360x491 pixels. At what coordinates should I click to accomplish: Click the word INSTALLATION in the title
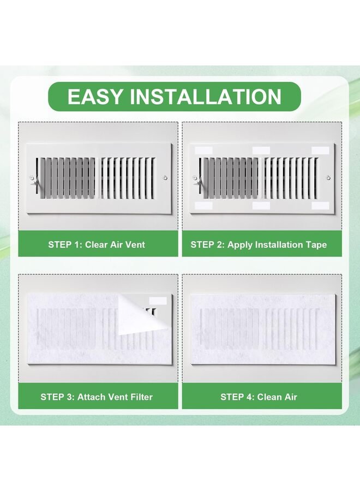(206, 97)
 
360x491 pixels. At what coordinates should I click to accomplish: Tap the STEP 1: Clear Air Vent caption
(97, 244)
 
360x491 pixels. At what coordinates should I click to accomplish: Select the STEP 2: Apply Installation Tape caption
(259, 244)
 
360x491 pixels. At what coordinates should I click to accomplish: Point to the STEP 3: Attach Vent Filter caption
(97, 397)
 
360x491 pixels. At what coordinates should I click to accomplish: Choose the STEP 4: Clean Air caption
(259, 397)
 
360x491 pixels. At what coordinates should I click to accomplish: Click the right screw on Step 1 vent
(165, 178)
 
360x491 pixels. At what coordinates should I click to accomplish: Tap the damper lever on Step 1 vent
(34, 182)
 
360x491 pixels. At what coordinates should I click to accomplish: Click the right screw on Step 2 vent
(328, 178)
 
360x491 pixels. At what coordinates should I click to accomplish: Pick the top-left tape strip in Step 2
(203, 151)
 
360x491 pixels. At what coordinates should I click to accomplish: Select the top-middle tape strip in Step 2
(261, 151)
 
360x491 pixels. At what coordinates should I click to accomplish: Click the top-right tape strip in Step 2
(320, 151)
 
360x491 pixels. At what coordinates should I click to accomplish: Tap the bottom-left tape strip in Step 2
(203, 206)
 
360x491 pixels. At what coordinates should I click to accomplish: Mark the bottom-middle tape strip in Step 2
(261, 206)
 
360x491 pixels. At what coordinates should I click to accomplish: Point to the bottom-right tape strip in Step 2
(320, 206)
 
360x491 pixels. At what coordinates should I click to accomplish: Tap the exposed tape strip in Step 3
(158, 301)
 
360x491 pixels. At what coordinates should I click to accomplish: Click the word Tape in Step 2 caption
(316, 245)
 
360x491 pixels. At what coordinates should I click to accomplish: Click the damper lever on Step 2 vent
(197, 182)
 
